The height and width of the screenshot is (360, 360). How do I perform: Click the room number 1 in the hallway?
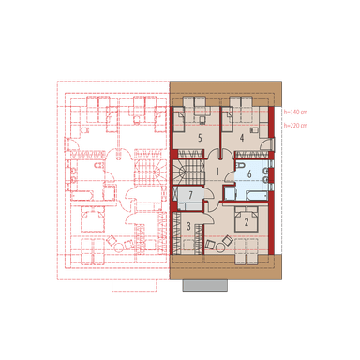click(217, 172)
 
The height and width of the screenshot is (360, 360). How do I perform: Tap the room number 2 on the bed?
click(246, 221)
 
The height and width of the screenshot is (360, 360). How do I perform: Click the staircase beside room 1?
click(191, 172)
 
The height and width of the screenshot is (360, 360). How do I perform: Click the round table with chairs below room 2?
click(217, 245)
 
